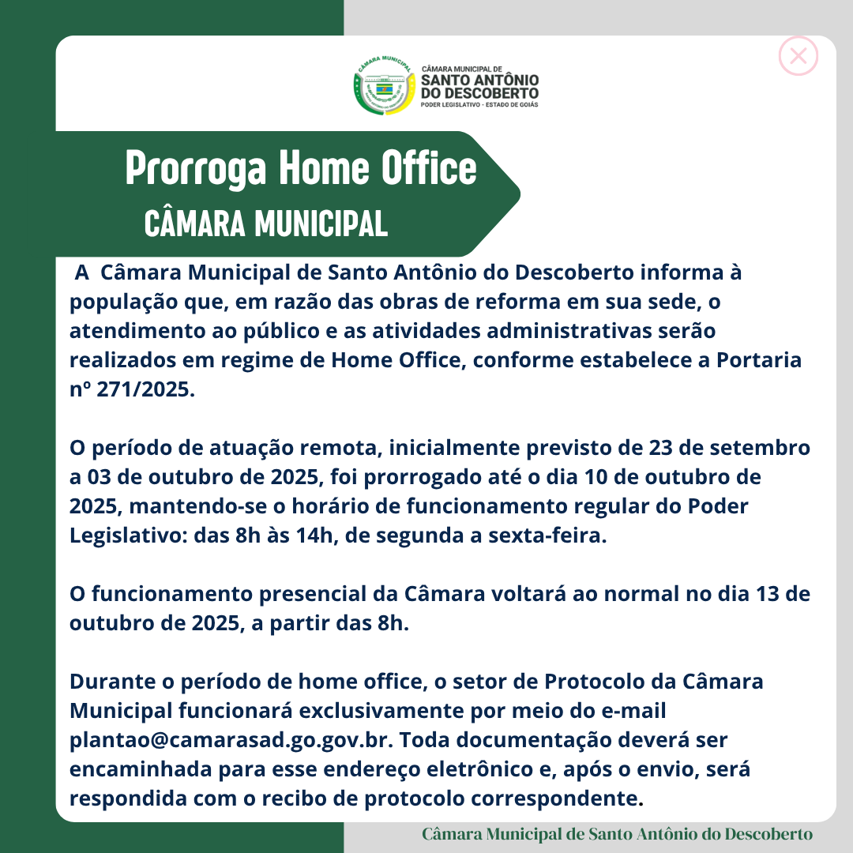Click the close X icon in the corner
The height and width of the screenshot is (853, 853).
tap(798, 56)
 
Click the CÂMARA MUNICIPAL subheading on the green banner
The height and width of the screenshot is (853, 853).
tap(266, 224)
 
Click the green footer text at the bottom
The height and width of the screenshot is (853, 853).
tap(617, 835)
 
